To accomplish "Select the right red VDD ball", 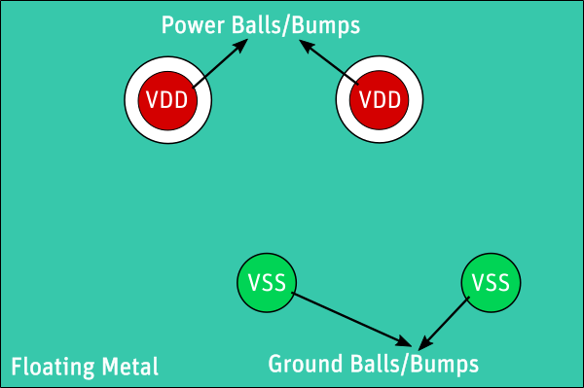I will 380,99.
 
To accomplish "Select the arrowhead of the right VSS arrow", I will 422,345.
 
